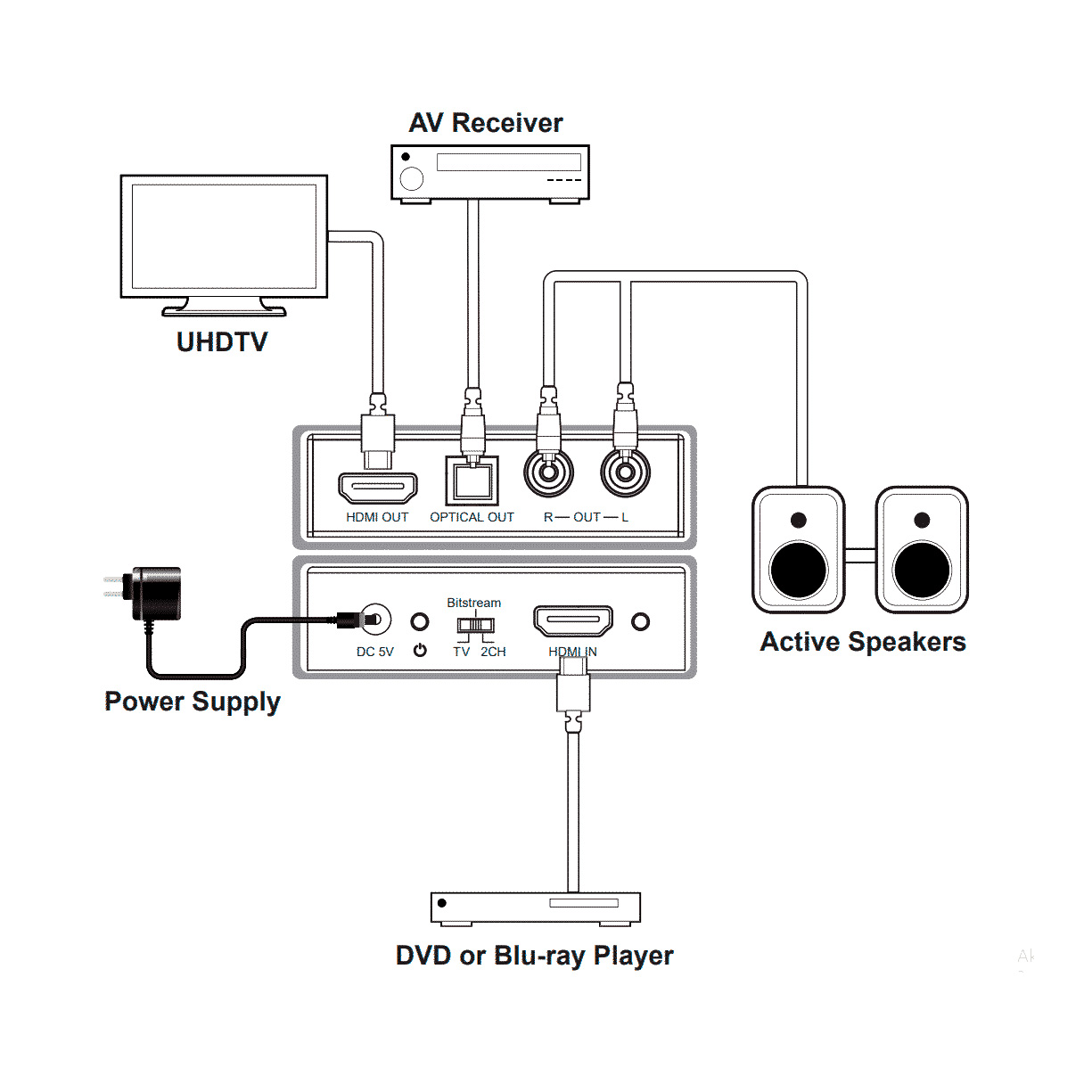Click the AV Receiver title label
pyautogui.click(x=486, y=123)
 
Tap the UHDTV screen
pyautogui.click(x=224, y=236)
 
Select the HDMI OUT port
pyautogui.click(x=378, y=489)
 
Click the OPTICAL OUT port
pyautogui.click(x=472, y=481)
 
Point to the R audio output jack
pyautogui.click(x=548, y=472)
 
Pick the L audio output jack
pyautogui.click(x=625, y=472)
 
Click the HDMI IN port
pyautogui.click(x=573, y=620)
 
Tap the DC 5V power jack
pyautogui.click(x=375, y=619)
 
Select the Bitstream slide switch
pyautogui.click(x=475, y=625)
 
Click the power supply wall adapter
pyautogui.click(x=154, y=593)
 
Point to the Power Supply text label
pyautogui.click(x=193, y=702)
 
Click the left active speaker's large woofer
pyautogui.click(x=799, y=571)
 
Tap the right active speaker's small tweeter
pyautogui.click(x=922, y=520)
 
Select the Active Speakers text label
pyautogui.click(x=863, y=642)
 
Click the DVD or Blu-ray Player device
pyautogui.click(x=535, y=907)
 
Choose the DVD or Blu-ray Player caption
pyautogui.click(x=534, y=956)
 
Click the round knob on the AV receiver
pyautogui.click(x=412, y=178)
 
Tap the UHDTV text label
pyautogui.click(x=222, y=342)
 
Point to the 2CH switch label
pyautogui.click(x=493, y=652)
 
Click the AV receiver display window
pyautogui.click(x=508, y=162)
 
